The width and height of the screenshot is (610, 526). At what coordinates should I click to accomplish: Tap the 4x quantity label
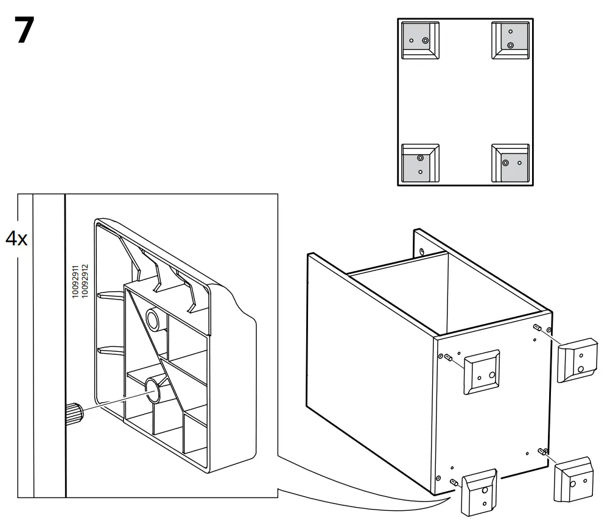[16, 238]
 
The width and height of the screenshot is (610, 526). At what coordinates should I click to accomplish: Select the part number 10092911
[75, 281]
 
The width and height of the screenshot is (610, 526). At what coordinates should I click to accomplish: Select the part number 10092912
[85, 281]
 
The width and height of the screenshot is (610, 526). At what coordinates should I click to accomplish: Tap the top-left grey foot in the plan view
[421, 40]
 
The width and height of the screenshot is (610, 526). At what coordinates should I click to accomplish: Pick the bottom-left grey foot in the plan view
[421, 163]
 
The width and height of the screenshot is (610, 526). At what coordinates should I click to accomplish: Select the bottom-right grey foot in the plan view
[510, 163]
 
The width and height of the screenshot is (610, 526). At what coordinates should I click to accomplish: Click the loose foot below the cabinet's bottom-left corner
[480, 494]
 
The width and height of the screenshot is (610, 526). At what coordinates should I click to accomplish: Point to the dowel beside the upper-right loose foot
[538, 328]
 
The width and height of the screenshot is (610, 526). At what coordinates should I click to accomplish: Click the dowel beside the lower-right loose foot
[542, 451]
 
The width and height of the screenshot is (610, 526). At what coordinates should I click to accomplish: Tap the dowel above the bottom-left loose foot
[454, 482]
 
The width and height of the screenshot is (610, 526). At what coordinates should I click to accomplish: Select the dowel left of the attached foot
[448, 357]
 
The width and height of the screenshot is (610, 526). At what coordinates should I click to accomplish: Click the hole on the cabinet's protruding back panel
[422, 250]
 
